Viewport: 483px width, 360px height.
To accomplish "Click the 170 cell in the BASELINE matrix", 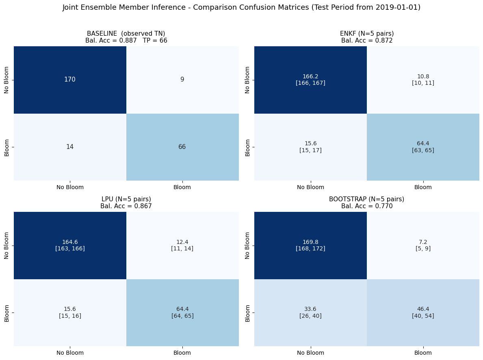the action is (x=70, y=80).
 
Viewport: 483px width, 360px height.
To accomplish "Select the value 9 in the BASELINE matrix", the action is (x=182, y=80).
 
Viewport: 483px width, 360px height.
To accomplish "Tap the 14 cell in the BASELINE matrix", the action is (x=70, y=147).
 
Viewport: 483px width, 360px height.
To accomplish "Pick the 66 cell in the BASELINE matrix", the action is (x=182, y=147).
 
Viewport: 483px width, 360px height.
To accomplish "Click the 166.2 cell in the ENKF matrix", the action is (x=310, y=80).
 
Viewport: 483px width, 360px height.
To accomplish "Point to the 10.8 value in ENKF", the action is (x=423, y=80).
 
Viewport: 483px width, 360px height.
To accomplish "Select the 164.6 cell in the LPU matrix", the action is (x=70, y=245).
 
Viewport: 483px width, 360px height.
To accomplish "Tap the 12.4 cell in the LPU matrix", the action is (x=182, y=245).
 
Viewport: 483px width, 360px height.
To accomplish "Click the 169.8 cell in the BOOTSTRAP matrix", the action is (x=310, y=245).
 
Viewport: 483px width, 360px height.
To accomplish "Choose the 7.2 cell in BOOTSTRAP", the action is (x=423, y=245).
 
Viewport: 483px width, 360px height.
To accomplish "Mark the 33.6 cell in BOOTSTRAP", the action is (x=310, y=313).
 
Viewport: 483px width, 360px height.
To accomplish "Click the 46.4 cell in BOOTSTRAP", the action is (x=423, y=313).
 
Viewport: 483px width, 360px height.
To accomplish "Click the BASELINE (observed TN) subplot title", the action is (x=126, y=34).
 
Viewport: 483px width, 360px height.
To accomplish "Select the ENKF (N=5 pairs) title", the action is (x=367, y=34).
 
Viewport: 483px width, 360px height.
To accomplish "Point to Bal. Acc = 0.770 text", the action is (x=367, y=206).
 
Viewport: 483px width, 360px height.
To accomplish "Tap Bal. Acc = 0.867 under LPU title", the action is (x=126, y=206).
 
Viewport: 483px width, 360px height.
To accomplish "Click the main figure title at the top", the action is (x=241, y=7).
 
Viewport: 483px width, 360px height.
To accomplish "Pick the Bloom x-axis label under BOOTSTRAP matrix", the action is (x=423, y=353).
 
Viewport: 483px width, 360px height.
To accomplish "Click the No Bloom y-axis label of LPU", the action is (x=6, y=246).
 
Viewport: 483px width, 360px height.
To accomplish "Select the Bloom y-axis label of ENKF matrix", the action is (x=247, y=148).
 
